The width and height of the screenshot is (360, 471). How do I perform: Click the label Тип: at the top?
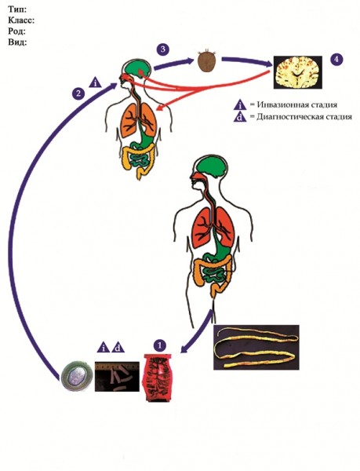(18, 9)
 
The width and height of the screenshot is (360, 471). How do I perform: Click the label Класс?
(22, 20)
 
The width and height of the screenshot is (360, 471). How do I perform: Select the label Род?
(17, 31)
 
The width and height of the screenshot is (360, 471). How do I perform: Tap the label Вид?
(18, 42)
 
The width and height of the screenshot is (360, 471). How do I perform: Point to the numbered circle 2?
(78, 93)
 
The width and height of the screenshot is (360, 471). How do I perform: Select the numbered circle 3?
(163, 49)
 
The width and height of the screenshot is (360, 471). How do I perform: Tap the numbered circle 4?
(336, 59)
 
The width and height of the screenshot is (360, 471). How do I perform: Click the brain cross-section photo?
(298, 72)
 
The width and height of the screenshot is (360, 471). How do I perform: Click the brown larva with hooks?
(207, 61)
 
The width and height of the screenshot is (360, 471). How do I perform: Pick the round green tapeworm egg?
(76, 377)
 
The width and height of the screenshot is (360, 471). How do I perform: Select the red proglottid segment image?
(159, 378)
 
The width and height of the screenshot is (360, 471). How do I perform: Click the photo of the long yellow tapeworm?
(256, 347)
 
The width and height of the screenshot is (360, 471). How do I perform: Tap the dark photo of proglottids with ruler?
(118, 376)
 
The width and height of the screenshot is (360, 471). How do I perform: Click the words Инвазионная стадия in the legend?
(297, 104)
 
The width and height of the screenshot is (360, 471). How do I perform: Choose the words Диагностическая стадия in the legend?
(304, 116)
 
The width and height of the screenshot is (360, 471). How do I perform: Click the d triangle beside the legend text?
(240, 117)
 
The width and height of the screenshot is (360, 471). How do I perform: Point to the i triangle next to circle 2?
(96, 82)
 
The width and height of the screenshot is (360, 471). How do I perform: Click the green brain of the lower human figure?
(211, 167)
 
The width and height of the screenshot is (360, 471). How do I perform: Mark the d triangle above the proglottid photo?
(118, 348)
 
